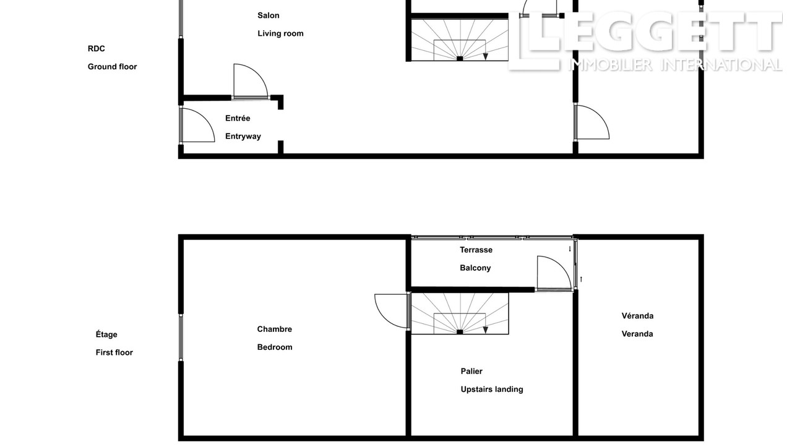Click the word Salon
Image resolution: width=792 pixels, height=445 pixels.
[269, 15]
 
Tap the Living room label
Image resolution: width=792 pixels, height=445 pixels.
[280, 33]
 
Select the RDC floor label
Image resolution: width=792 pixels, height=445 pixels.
[96, 49]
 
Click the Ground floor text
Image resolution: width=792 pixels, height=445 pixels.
[112, 67]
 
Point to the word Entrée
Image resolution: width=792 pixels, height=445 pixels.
[238, 118]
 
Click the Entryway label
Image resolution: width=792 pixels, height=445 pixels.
[243, 137]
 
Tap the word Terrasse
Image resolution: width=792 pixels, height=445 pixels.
[476, 250]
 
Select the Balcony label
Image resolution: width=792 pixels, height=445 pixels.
[475, 268]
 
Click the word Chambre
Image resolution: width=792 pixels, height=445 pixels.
[274, 329]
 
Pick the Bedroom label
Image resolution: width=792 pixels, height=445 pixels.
[275, 347]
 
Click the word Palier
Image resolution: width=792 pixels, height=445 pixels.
[471, 371]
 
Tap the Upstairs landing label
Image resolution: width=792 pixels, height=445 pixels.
[492, 389]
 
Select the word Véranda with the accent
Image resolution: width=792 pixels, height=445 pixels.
[637, 316]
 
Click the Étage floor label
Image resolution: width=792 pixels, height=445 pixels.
[106, 334]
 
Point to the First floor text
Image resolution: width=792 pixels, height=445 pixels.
[114, 352]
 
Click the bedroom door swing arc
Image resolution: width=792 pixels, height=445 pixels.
[382, 316]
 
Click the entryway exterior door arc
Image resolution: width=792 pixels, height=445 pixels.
[206, 117]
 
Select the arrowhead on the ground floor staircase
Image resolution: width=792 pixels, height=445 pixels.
[486, 56]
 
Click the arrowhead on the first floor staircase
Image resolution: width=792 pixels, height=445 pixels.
[486, 330]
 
